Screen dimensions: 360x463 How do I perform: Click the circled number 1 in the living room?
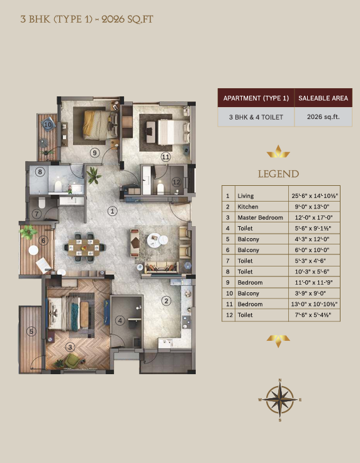coord(113,211)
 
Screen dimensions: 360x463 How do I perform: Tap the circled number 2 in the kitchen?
coord(166,301)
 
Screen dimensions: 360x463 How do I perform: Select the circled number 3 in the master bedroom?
coord(70,347)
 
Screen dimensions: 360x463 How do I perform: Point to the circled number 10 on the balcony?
coord(48,125)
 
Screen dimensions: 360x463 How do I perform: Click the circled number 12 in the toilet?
coord(176,182)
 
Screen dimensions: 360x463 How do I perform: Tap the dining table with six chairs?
coord(85,248)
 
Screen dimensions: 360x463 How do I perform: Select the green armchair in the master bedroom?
coord(71,361)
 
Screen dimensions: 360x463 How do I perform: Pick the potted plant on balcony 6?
coord(28,232)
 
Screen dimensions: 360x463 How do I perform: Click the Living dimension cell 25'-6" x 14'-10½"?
coord(314,196)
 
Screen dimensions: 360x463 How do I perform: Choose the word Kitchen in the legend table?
coord(248,207)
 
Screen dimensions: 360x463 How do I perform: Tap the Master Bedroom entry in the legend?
coord(261,217)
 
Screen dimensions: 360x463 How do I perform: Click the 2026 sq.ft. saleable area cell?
coord(323,117)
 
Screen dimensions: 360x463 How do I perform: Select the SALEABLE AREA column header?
coord(323,98)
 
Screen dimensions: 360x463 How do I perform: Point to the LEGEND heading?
coord(278,174)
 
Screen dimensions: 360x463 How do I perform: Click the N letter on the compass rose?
coord(280,380)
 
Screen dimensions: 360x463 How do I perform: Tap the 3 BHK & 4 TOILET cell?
coord(256,117)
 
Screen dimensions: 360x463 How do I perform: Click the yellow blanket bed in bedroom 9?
coord(96,125)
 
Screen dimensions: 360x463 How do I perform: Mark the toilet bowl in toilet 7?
coord(42,202)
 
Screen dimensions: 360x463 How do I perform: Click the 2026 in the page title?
coord(113,20)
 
